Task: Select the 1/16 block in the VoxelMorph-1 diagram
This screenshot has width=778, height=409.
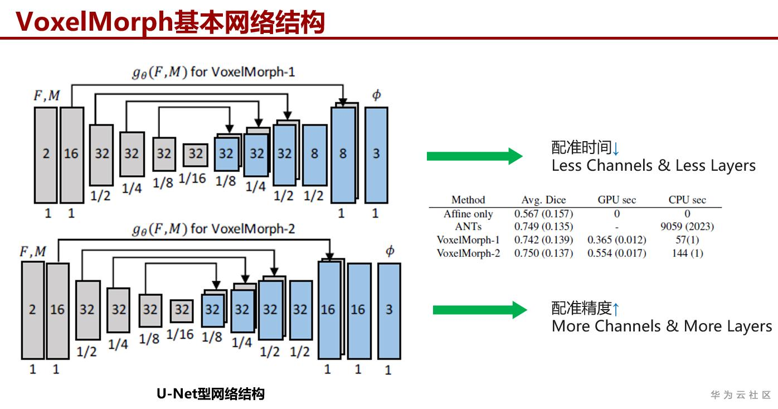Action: (x=195, y=153)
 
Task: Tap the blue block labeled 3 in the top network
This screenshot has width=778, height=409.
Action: (x=376, y=155)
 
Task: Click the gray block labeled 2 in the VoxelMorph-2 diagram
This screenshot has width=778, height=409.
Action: (x=32, y=310)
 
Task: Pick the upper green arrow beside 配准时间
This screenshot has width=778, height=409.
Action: (x=474, y=156)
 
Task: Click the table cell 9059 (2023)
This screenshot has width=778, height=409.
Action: (x=687, y=227)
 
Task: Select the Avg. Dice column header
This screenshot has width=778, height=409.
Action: (x=543, y=200)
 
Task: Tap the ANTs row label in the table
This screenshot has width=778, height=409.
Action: (x=468, y=227)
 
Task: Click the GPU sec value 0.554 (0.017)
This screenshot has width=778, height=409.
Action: (x=617, y=253)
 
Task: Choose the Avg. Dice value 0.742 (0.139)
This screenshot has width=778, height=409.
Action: (x=543, y=240)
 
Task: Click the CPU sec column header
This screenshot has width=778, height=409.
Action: (x=687, y=200)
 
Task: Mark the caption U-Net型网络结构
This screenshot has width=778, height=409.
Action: (x=211, y=394)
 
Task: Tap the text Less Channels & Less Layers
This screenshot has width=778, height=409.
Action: (x=653, y=166)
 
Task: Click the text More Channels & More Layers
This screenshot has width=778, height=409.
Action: (x=662, y=326)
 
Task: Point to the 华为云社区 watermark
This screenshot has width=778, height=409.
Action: (x=741, y=395)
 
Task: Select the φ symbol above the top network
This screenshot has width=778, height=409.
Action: (x=376, y=95)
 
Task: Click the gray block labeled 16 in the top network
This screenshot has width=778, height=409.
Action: (x=71, y=155)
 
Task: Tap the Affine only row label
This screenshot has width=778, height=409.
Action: (x=468, y=214)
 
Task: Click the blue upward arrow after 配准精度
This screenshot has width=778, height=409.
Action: (x=616, y=309)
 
